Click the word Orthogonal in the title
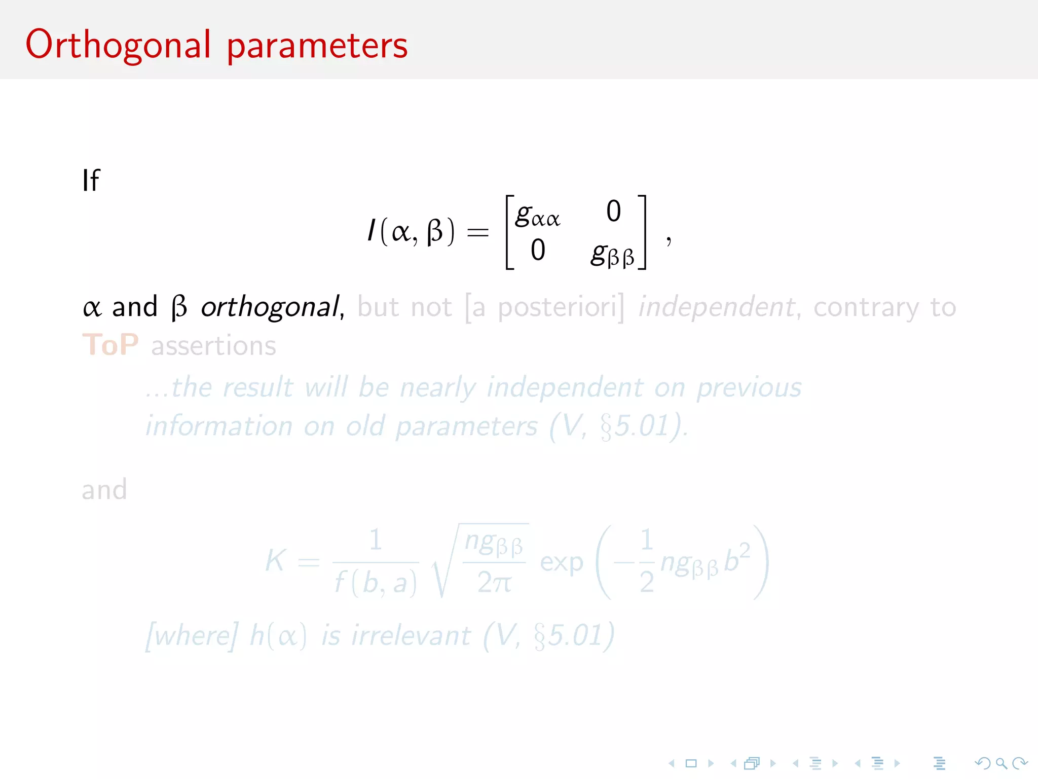118,46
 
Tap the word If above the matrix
91,181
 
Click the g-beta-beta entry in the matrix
612,253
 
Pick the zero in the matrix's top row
613,211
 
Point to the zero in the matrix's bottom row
538,250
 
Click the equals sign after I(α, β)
477,233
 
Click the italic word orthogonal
270,307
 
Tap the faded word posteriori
558,307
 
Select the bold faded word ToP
110,345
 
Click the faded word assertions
213,346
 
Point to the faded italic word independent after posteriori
716,307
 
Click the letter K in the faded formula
276,561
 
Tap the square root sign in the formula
443,563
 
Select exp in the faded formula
561,562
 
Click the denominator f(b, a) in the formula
376,583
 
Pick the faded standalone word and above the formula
104,490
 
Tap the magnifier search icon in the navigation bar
1001,763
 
